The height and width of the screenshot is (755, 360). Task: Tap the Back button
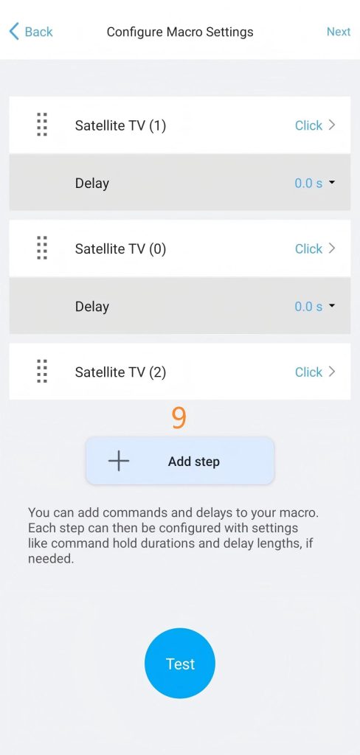[31, 32]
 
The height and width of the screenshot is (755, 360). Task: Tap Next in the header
[339, 32]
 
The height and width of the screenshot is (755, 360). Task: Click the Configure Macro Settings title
[180, 32]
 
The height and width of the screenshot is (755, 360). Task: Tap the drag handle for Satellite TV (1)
[42, 125]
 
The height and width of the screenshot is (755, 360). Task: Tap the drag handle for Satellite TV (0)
[42, 248]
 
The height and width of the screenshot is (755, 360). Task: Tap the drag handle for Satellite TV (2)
[42, 372]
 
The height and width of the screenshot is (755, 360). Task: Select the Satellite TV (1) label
[120, 125]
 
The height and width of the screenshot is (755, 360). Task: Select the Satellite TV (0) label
[120, 249]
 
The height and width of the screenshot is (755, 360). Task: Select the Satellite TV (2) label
[120, 372]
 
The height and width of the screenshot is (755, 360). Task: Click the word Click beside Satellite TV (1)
[308, 125]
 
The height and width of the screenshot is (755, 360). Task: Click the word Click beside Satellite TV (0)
[308, 249]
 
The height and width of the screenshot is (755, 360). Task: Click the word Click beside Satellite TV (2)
[308, 372]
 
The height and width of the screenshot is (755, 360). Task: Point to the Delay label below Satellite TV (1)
[92, 184]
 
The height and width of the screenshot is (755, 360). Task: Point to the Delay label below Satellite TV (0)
[92, 307]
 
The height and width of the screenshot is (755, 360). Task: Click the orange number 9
[179, 419]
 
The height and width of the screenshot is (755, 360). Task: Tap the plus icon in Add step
[119, 461]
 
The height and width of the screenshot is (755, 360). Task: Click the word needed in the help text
[51, 560]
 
